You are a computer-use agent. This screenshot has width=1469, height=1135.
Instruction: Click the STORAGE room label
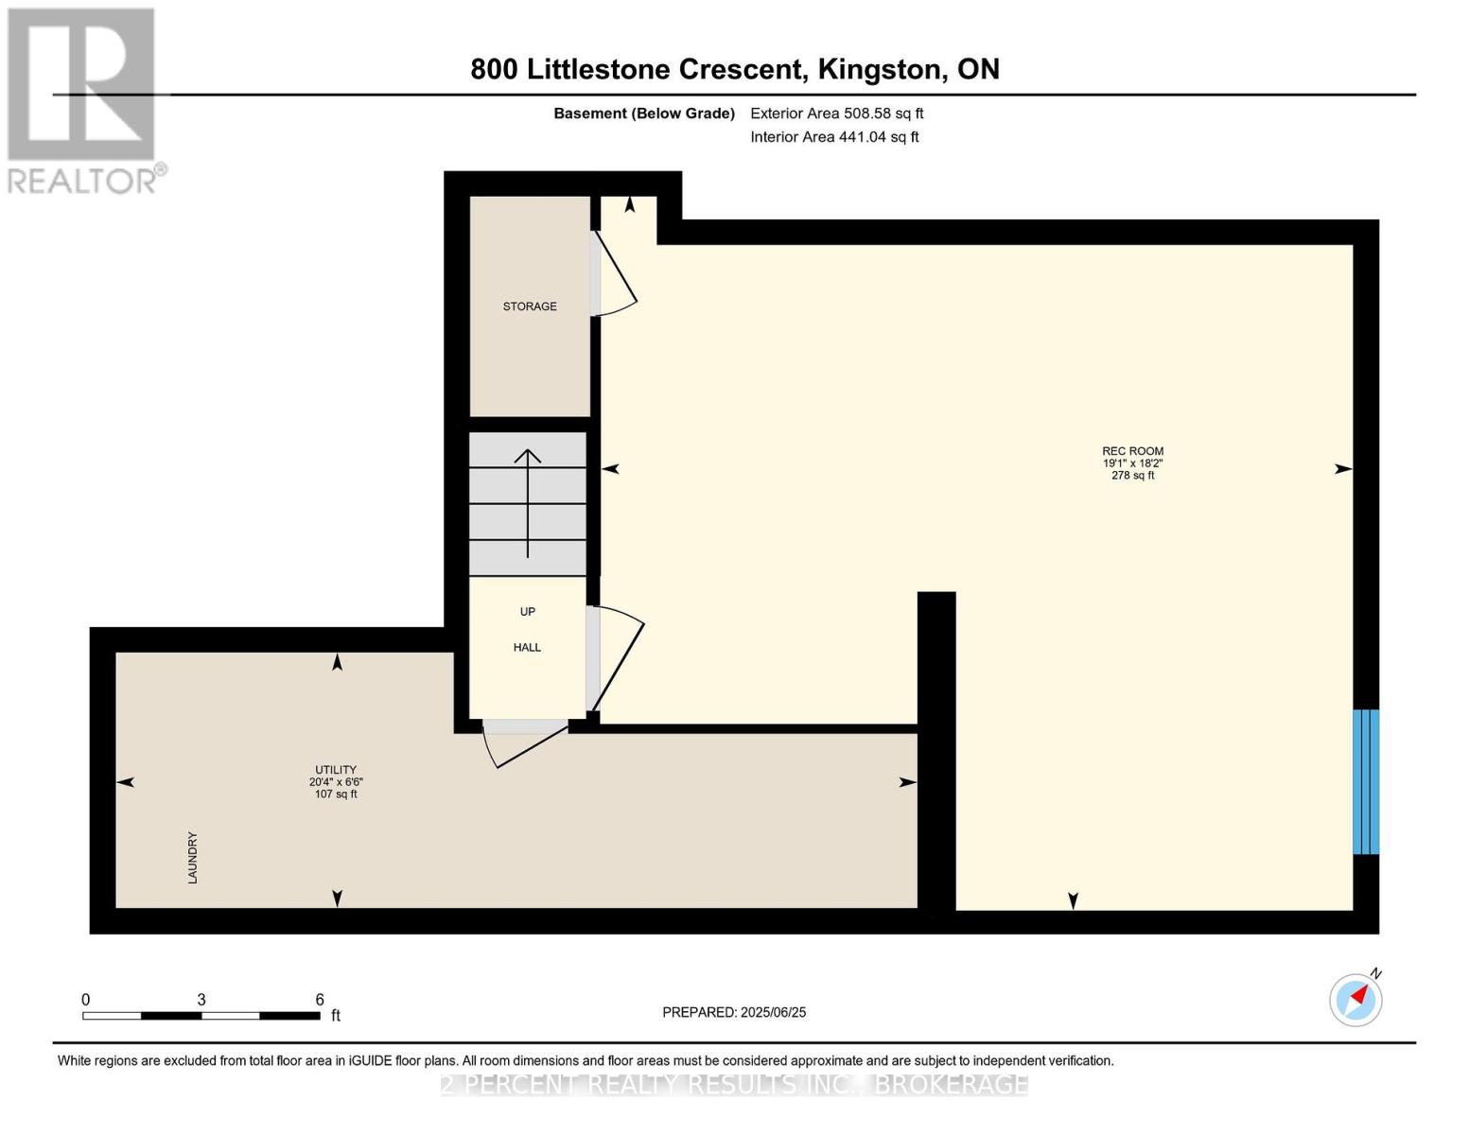(x=530, y=306)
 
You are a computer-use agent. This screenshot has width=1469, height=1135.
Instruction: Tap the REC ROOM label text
(x=1132, y=451)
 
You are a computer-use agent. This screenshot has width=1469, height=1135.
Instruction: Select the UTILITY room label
(x=335, y=769)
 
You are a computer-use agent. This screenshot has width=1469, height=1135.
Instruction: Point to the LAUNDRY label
(x=193, y=858)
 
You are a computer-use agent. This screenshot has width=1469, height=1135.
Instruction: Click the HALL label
(x=527, y=648)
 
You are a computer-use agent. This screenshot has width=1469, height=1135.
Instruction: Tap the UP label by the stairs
(x=527, y=612)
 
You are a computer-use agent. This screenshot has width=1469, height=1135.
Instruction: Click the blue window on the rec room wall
(x=1366, y=782)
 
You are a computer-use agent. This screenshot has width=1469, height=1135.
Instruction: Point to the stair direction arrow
(x=527, y=503)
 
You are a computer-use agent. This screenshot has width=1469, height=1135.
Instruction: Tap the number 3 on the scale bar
(x=201, y=999)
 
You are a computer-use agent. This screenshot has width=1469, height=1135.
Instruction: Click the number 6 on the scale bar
(x=320, y=999)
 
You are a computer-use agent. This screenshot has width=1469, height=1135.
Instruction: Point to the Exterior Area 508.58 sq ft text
(x=837, y=113)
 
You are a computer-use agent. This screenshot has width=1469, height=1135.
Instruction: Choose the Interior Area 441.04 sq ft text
(x=835, y=137)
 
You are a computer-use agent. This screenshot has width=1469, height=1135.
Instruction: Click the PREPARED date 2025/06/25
(x=773, y=1012)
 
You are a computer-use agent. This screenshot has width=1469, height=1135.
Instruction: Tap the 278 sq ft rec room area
(x=1132, y=475)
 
